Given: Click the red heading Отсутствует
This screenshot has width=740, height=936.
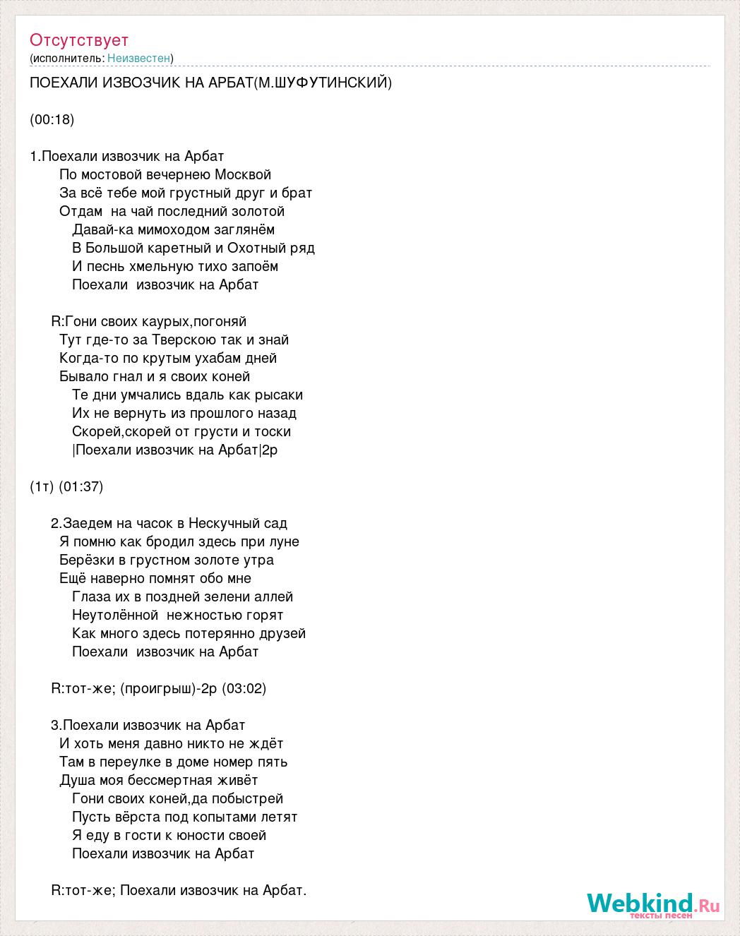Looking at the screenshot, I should [x=79, y=40].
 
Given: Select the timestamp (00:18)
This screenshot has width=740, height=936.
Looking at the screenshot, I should [x=52, y=119].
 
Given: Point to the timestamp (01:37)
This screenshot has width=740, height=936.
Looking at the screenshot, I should [x=81, y=486].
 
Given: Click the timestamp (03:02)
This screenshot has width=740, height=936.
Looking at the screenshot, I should [x=244, y=688].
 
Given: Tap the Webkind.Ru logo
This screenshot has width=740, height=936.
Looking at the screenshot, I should [x=652, y=904].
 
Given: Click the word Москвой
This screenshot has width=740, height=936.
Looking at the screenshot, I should [x=244, y=174].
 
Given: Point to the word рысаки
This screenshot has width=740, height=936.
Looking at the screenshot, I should [x=276, y=395].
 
